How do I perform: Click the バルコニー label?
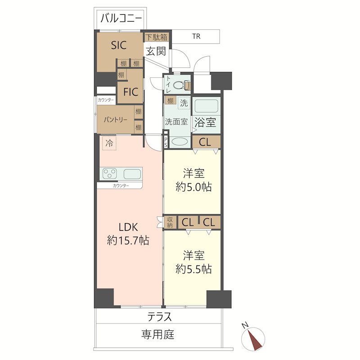121,18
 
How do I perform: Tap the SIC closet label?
118,45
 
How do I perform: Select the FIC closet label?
130,92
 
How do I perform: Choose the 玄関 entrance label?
155,51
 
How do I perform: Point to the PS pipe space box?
166,142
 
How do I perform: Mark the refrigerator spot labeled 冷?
109,144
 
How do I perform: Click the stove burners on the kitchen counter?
110,173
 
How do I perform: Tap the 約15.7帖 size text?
128,241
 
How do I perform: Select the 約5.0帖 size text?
194,186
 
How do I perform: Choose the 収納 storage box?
170,222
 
